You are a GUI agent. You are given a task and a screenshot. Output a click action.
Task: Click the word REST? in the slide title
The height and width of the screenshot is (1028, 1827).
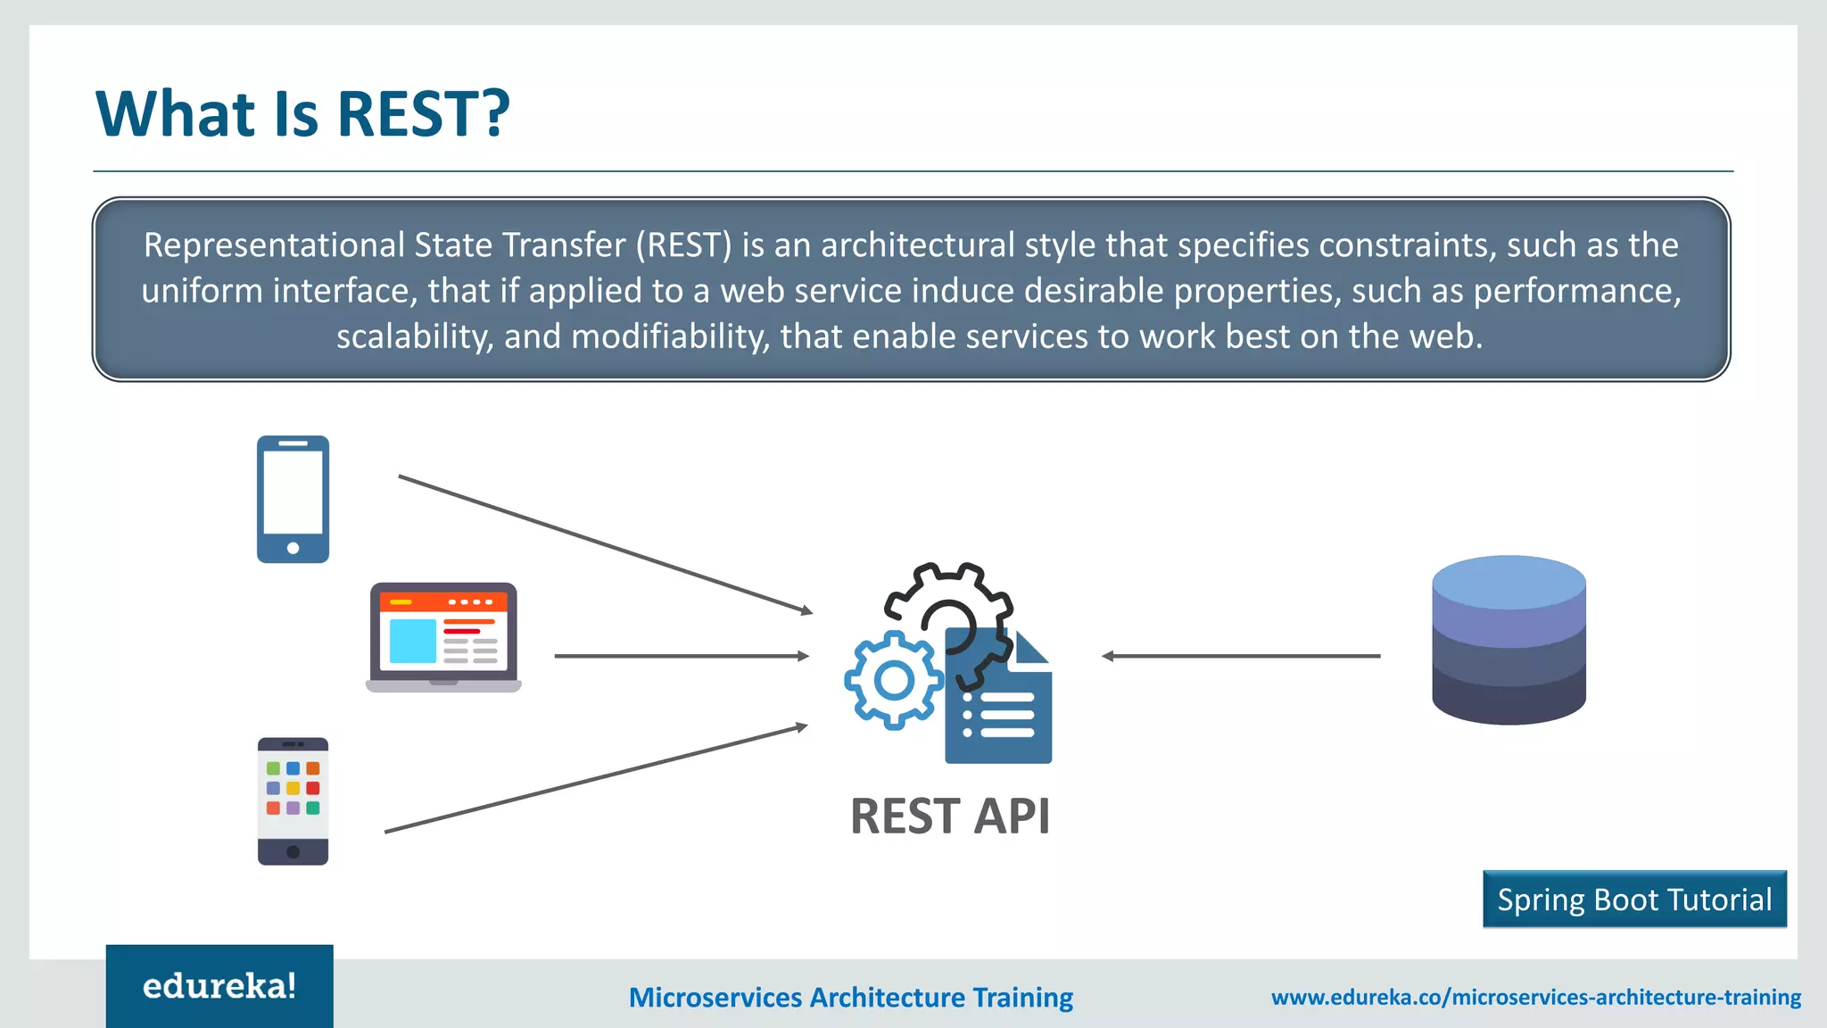click(x=423, y=114)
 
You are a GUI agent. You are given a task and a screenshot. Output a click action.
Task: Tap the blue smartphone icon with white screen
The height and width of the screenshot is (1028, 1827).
click(x=293, y=499)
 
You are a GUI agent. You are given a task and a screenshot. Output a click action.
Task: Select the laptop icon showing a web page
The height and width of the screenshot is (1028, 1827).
click(x=443, y=637)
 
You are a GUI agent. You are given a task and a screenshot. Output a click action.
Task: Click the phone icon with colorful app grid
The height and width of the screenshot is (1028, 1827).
click(x=293, y=800)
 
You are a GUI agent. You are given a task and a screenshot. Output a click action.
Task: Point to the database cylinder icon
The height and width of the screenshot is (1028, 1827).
click(x=1509, y=640)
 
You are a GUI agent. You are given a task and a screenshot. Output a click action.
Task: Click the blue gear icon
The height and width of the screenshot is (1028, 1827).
click(x=893, y=681)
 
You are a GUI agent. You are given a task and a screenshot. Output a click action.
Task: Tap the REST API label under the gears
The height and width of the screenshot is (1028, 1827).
click(x=950, y=817)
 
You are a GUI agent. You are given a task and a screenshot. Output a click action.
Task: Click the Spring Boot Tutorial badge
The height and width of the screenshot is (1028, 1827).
click(x=1634, y=899)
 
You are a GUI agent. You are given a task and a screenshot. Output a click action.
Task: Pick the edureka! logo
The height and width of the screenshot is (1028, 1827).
click(x=219, y=986)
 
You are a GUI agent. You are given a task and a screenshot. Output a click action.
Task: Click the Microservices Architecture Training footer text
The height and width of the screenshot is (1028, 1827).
click(x=850, y=997)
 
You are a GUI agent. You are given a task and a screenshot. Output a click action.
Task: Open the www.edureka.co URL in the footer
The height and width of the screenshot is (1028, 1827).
click(x=1535, y=997)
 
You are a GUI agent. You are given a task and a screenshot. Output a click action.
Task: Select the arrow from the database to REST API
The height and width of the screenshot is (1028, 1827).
click(x=1241, y=656)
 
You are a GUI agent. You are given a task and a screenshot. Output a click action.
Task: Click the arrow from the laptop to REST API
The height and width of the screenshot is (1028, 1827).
click(x=682, y=656)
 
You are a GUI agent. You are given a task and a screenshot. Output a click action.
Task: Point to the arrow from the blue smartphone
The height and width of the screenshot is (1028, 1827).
click(x=605, y=544)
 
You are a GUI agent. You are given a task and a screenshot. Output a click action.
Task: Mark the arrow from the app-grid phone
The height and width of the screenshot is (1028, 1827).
click(x=596, y=779)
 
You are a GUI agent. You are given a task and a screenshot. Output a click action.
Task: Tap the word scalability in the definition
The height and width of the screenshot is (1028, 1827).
click(x=414, y=336)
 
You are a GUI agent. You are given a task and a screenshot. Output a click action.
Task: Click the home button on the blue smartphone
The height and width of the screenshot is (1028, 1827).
click(x=293, y=548)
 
